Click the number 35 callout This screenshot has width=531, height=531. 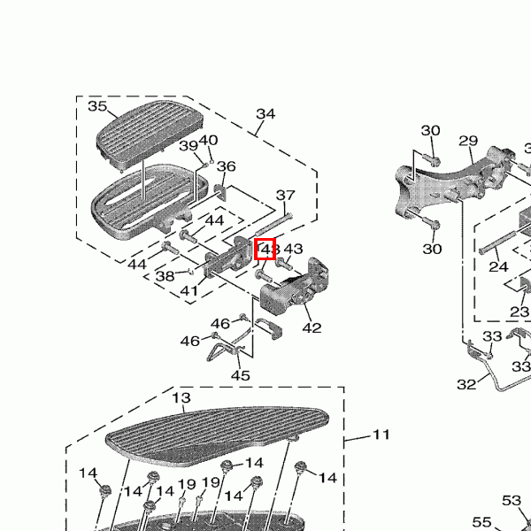pyautogui.click(x=97, y=107)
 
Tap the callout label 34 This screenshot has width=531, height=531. pyautogui.click(x=265, y=114)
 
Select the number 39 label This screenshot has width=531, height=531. pyautogui.click(x=189, y=146)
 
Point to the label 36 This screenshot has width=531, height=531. pyautogui.click(x=227, y=166)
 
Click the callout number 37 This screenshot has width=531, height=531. pyautogui.click(x=285, y=196)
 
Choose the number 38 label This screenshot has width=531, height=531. pyautogui.click(x=165, y=276)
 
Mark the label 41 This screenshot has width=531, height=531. pyautogui.click(x=189, y=290)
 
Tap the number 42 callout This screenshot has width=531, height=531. pyautogui.click(x=312, y=328)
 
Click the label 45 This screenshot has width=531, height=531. pyautogui.click(x=241, y=375)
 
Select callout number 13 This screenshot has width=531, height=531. pyautogui.click(x=181, y=398)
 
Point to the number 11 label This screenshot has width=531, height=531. pyautogui.click(x=381, y=435)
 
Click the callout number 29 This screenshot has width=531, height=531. pyautogui.click(x=468, y=142)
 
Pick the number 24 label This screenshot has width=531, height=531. pyautogui.click(x=499, y=266)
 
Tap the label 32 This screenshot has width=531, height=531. pyautogui.click(x=466, y=384)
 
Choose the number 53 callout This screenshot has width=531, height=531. pyautogui.click(x=512, y=502)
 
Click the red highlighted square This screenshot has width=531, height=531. pyautogui.click(x=265, y=250)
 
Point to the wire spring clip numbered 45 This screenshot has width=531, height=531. pyautogui.click(x=226, y=348)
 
